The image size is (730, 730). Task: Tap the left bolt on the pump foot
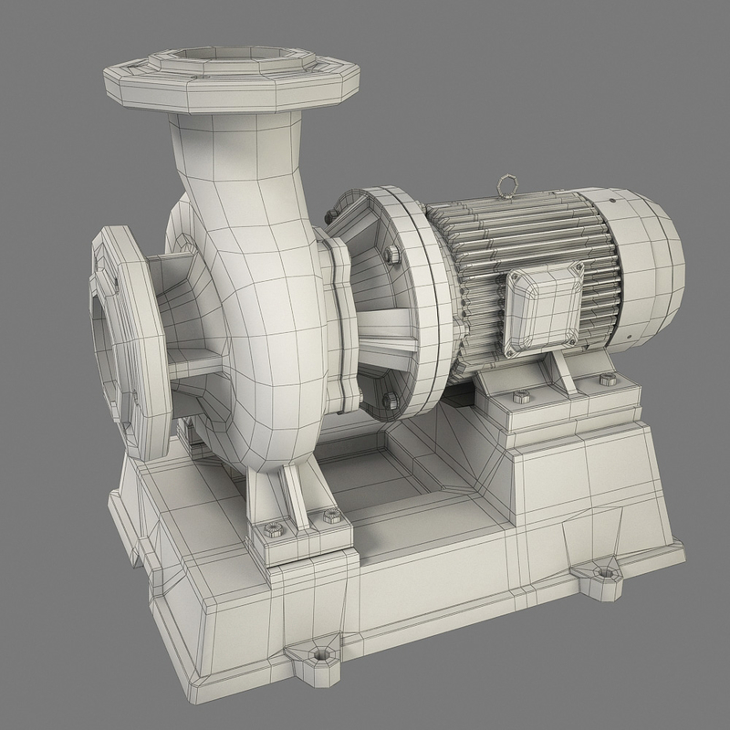click(272, 527)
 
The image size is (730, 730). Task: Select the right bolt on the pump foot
click(331, 516)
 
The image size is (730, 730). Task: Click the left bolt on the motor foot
click(522, 396)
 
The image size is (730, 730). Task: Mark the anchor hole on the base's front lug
click(319, 654)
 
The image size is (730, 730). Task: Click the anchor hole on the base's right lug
click(603, 574)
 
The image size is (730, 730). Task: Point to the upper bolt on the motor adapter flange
click(393, 253)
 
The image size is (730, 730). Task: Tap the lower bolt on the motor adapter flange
click(390, 400)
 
